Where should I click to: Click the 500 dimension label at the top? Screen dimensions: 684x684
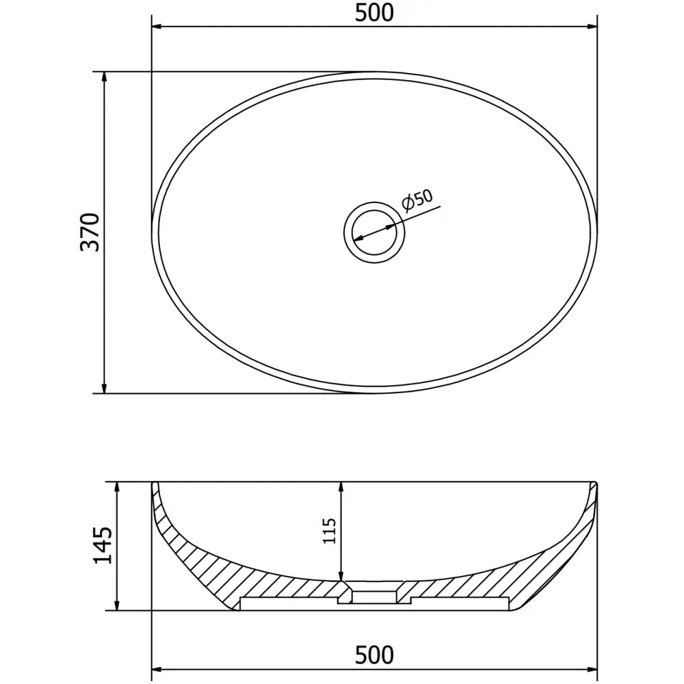coord(374,12)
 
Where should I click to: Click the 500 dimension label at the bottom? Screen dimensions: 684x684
coord(374,655)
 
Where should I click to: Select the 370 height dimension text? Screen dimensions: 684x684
coord(90,232)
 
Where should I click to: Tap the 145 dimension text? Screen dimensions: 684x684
coord(103,545)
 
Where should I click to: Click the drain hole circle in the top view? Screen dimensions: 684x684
coord(374,232)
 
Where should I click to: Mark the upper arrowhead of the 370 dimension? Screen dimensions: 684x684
coord(104,77)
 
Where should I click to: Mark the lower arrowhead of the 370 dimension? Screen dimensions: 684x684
coord(104,388)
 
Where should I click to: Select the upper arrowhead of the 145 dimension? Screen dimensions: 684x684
coord(118,487)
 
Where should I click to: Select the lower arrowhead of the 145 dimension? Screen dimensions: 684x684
coord(118,604)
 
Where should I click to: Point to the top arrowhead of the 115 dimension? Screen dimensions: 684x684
coord(341,487)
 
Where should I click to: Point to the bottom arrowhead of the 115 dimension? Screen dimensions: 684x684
coord(341,576)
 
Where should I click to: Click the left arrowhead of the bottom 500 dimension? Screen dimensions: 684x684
coord(157,669)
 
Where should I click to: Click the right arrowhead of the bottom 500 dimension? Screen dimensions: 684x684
coord(592,669)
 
